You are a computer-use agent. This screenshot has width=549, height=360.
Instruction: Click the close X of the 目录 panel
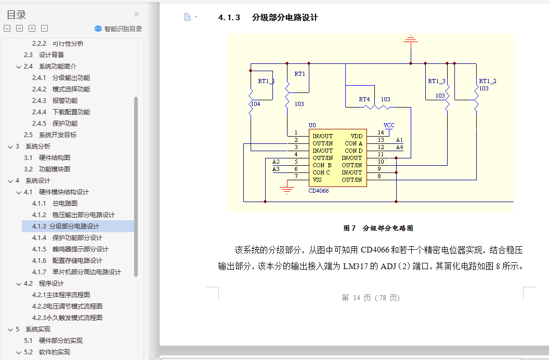coord(137,15)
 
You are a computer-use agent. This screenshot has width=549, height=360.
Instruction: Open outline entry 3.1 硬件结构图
coord(54,157)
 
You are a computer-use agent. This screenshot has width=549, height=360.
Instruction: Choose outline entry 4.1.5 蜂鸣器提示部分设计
coord(80,249)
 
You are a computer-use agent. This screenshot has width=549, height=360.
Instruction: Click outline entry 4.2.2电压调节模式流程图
coord(67,306)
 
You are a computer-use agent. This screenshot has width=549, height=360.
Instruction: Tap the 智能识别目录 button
coord(119,29)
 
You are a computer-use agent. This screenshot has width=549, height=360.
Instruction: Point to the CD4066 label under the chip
coord(318,191)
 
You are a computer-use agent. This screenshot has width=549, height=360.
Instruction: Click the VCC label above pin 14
coord(389,125)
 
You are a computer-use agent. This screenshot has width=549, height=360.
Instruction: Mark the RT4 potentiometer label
coord(364,99)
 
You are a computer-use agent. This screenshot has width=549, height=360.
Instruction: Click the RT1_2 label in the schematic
coord(487,81)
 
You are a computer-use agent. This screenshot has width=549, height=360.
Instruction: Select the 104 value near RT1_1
coord(255,104)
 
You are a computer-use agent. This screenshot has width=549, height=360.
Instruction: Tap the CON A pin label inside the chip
coord(354,143)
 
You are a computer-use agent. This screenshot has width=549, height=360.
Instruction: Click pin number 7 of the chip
coord(296,176)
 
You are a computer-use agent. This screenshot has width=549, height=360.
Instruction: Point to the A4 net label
coord(399,147)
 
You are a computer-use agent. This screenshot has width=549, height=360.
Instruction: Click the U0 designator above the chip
coord(312,125)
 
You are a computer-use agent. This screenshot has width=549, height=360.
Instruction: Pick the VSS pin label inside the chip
coord(317,180)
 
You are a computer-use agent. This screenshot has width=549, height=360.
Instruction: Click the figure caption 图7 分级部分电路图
coord(378,228)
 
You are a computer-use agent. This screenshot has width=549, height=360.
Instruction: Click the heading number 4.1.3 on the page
coord(229,17)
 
